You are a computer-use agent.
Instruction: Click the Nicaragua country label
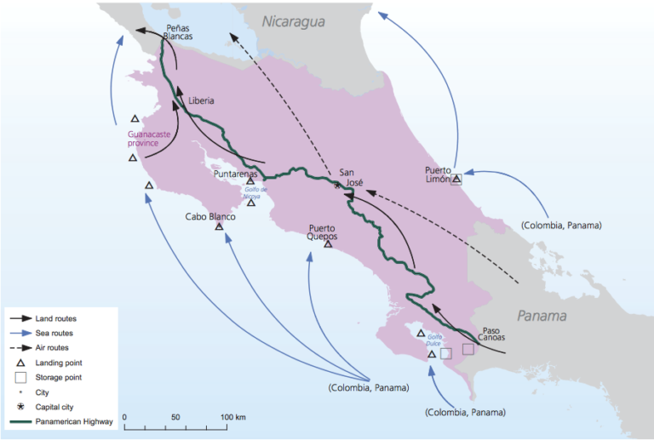[x=294, y=23]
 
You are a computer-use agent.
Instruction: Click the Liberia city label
[x=201, y=100]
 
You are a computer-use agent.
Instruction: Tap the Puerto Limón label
[x=438, y=174]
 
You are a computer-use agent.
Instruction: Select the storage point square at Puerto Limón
[x=456, y=179]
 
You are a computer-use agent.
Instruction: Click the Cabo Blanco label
[x=209, y=216]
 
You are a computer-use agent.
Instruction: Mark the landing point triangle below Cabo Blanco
[x=219, y=227]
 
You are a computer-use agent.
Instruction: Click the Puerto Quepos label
[x=323, y=232]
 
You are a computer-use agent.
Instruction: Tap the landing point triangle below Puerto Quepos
[x=327, y=244]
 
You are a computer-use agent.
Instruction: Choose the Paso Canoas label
[x=498, y=336]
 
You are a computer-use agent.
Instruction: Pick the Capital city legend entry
[x=54, y=406]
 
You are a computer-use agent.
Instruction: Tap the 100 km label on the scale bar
[x=233, y=418]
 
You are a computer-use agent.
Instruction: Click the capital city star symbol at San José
[x=337, y=185]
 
